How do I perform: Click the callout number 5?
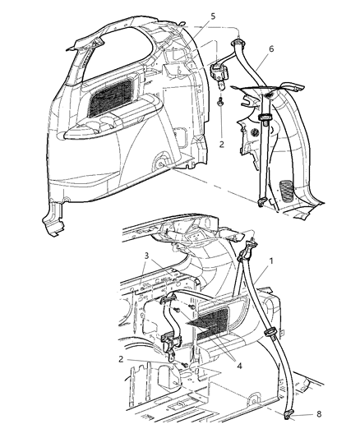coord(191,16)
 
